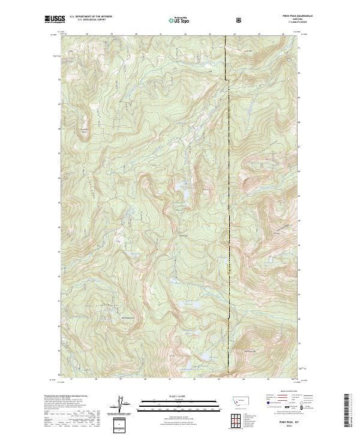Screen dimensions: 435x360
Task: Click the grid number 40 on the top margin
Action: pos(145,34)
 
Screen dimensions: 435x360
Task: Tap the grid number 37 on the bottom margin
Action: pos(71,379)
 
